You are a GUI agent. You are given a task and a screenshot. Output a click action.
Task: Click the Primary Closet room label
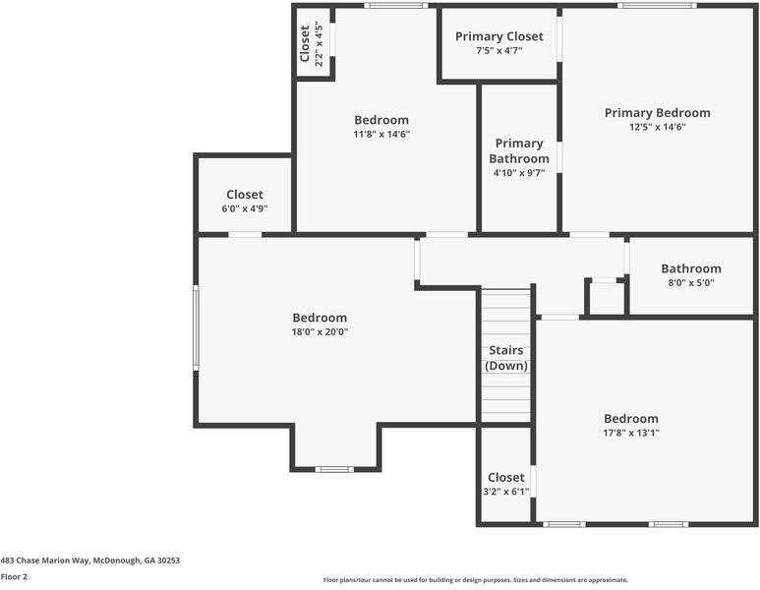(499, 36)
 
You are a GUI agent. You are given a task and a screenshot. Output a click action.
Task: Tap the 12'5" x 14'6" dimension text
(657, 127)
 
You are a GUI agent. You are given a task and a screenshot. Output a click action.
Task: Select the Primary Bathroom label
(519, 150)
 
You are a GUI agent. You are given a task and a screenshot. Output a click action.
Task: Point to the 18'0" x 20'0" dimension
(320, 332)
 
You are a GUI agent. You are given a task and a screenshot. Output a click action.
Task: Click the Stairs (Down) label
(506, 358)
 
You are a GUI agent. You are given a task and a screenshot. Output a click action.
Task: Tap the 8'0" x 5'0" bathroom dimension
(691, 282)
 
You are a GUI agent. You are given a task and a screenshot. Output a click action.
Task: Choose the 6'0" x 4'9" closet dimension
(245, 208)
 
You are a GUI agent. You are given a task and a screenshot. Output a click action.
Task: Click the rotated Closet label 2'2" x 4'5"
(311, 43)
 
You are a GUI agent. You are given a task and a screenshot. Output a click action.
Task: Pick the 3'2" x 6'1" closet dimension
(506, 492)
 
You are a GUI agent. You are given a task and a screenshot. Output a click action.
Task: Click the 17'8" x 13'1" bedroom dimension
(631, 433)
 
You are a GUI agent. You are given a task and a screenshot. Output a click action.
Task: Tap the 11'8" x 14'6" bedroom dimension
(381, 134)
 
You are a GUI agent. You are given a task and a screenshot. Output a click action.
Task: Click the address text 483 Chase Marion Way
(45, 560)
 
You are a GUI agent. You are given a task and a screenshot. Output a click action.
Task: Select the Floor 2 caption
(14, 577)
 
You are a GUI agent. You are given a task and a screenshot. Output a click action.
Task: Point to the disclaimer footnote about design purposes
(476, 580)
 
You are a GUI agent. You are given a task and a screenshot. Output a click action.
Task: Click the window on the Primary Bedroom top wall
(657, 6)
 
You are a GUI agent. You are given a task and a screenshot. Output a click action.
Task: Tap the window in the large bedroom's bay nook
(334, 469)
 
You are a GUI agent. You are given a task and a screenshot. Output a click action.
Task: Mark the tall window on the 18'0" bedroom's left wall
(196, 327)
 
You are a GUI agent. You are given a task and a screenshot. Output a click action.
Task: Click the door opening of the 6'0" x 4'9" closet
(245, 235)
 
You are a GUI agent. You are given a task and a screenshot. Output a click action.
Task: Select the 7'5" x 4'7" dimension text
(499, 50)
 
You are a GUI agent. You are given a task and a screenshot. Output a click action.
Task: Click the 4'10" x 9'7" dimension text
(519, 173)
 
